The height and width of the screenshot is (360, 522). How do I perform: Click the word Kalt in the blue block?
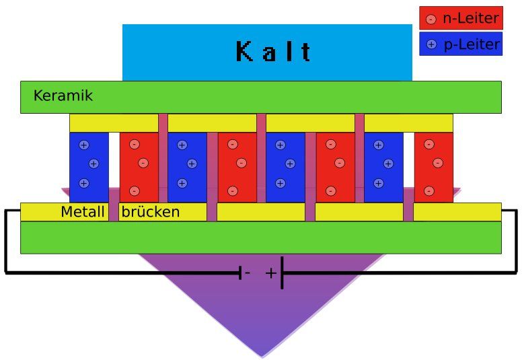click(273, 51)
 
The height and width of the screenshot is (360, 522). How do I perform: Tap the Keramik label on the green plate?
click(63, 96)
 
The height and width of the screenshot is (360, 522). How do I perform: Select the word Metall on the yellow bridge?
click(83, 212)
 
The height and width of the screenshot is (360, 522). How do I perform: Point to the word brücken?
click(151, 212)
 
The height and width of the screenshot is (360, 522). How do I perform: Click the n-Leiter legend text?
click(471, 18)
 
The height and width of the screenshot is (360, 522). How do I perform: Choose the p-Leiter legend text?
click(472, 44)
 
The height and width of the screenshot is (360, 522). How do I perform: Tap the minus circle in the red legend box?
click(431, 19)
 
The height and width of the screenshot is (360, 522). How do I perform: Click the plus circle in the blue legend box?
click(431, 44)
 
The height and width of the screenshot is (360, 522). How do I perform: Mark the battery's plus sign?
click(271, 273)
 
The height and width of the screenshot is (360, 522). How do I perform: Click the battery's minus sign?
click(248, 273)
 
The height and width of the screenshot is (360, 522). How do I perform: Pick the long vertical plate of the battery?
click(282, 273)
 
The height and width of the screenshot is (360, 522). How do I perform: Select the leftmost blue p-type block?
click(89, 167)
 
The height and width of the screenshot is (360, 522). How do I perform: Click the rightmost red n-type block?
click(433, 167)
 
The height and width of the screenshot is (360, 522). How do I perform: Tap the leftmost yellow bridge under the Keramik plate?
click(114, 123)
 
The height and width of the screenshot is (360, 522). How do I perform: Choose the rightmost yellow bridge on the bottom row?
click(457, 212)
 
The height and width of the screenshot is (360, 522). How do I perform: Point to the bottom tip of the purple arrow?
click(262, 357)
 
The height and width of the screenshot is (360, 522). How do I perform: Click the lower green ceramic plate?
click(261, 237)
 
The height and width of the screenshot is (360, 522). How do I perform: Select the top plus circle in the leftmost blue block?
click(84, 145)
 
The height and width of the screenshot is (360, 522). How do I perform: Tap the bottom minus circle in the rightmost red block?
click(428, 191)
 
